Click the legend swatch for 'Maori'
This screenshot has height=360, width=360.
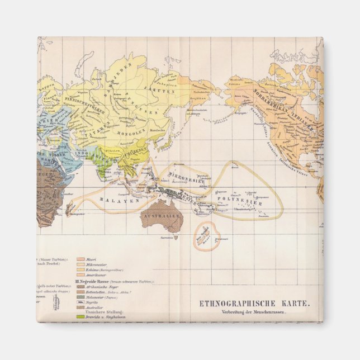pos(79,260)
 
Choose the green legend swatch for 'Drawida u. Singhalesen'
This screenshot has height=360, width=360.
pos(79,317)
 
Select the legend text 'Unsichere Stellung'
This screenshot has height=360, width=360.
pos(101,311)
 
